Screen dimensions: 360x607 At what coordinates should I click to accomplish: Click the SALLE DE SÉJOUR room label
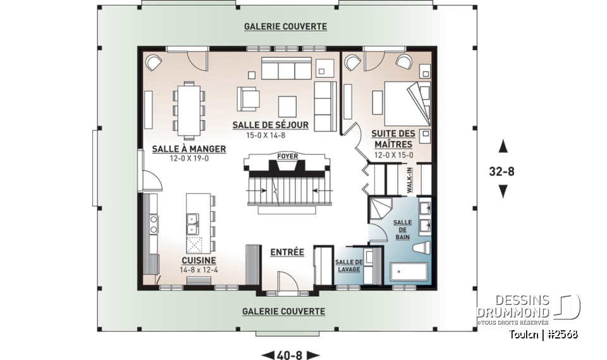coord(270,125)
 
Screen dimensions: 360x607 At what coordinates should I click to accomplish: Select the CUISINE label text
coord(197,260)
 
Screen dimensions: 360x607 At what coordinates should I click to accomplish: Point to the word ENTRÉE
coord(287,252)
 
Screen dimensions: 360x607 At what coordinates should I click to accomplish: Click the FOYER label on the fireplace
coord(286,156)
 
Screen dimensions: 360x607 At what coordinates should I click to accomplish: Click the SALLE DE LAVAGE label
coord(348,265)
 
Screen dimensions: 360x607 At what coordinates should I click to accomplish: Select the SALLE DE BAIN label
coord(402,229)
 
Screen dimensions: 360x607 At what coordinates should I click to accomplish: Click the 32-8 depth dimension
coord(503,169)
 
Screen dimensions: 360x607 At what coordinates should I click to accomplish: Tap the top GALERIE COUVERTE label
coord(286,27)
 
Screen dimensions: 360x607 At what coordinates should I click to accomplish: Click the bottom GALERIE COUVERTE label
coord(284,311)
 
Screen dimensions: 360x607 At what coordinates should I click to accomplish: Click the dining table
coord(189,109)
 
